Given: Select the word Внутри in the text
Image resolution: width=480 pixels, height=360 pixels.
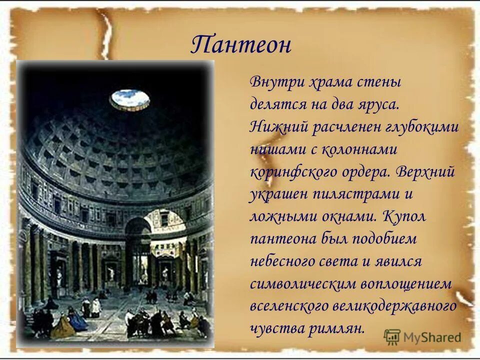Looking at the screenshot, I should pyautogui.click(x=273, y=82).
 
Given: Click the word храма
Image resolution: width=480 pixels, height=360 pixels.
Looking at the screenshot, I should pyautogui.click(x=323, y=82).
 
